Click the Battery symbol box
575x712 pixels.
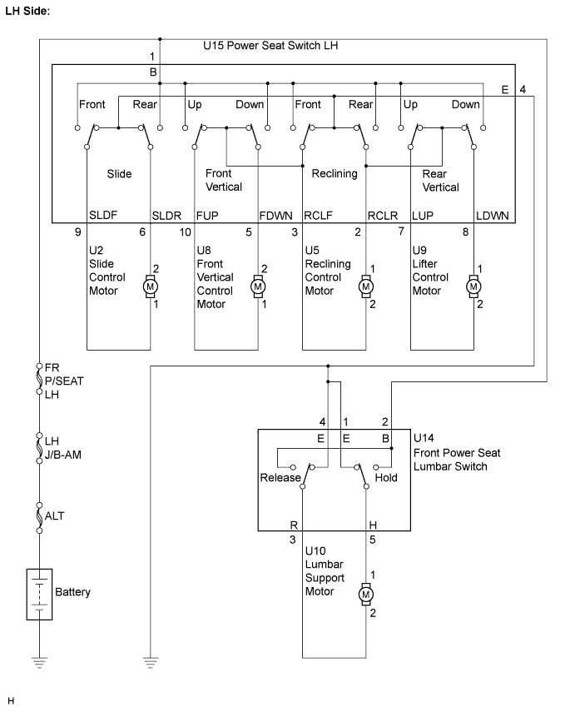[x=39, y=594]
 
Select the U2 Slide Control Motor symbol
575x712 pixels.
[x=151, y=286]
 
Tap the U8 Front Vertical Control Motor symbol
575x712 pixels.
[x=258, y=286]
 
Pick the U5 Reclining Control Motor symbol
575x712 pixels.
[x=366, y=286]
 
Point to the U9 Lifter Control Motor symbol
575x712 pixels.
[x=473, y=286]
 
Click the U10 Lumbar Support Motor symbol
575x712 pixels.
[x=366, y=594]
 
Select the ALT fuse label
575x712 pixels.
[x=54, y=515]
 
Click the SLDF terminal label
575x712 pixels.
[x=103, y=215]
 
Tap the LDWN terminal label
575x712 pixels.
[x=493, y=216]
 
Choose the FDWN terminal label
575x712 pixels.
[x=276, y=216]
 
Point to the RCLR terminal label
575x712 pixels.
[x=383, y=216]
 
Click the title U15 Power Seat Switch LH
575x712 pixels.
[x=270, y=46]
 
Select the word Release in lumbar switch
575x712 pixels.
[x=280, y=478]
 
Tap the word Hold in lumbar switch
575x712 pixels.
[x=386, y=478]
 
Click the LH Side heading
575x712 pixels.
[x=27, y=11]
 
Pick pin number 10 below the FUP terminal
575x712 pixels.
[x=186, y=232]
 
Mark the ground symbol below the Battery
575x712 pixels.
[x=39, y=663]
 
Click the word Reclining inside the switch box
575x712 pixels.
[x=335, y=173]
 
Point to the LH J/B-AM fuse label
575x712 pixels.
[x=63, y=448]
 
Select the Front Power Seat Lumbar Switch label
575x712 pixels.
[x=457, y=460]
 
